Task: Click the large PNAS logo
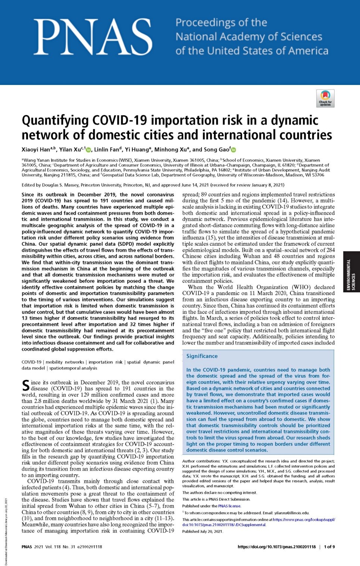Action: click(x=93, y=37)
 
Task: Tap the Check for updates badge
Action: click(x=325, y=98)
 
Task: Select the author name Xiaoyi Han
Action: click(x=36, y=150)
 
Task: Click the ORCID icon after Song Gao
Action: click(x=234, y=150)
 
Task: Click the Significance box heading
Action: click(x=202, y=356)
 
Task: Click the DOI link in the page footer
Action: click(x=276, y=547)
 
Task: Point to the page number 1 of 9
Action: click(x=329, y=547)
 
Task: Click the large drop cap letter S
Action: click(x=25, y=386)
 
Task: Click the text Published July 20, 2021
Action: click(x=203, y=531)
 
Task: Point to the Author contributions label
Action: click(x=199, y=461)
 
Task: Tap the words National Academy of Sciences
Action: click(x=249, y=37)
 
